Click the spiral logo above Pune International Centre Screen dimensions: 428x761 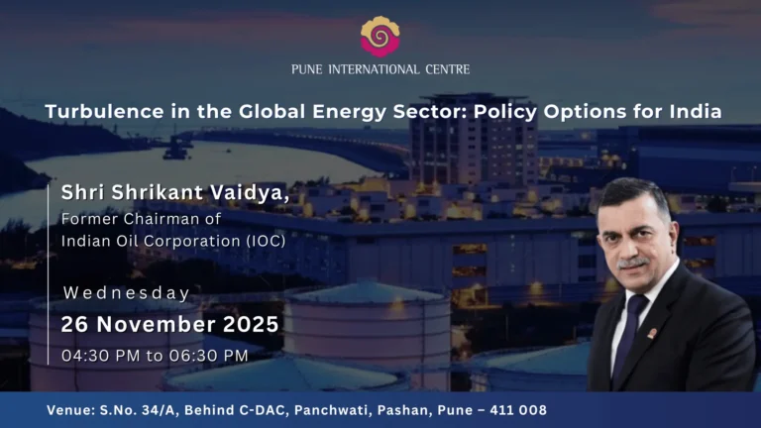380,36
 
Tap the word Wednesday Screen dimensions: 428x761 127,293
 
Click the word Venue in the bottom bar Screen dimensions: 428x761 72,409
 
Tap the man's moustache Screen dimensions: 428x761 634,264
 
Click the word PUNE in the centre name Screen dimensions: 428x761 308,69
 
